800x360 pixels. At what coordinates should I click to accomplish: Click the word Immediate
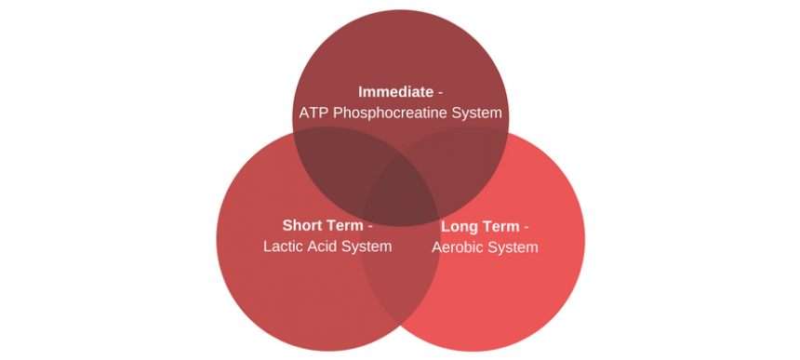coord(395,92)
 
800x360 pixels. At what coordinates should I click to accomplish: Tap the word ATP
coord(313,113)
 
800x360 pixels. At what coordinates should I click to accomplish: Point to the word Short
coord(303,226)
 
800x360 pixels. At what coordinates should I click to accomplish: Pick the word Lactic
coord(285,247)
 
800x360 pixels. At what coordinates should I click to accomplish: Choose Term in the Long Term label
coord(501,227)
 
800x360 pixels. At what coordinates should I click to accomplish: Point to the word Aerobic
coord(460,247)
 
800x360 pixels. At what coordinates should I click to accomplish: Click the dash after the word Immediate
coord(440,93)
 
